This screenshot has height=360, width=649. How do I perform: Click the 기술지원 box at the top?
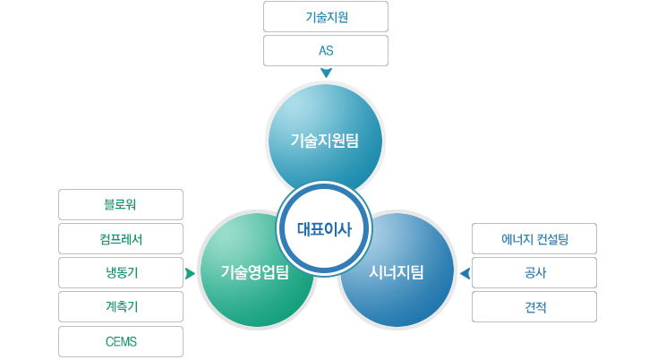[326, 17]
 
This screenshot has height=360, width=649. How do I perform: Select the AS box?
[326, 50]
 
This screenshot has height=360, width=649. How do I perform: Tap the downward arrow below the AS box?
[326, 73]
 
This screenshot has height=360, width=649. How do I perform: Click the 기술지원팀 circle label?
[324, 141]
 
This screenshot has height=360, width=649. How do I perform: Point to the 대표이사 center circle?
[324, 229]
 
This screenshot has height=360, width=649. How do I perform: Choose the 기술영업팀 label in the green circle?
[254, 272]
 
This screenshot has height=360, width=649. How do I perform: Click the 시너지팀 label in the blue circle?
[396, 272]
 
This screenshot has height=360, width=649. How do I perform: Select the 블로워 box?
[121, 205]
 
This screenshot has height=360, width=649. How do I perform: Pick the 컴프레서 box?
[121, 238]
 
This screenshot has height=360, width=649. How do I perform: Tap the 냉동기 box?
[121, 272]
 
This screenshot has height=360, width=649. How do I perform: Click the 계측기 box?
[121, 306]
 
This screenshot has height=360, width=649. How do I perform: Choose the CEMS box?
[121, 341]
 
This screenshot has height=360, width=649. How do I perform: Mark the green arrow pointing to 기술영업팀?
[190, 273]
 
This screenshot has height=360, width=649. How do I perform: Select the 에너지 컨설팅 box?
[534, 238]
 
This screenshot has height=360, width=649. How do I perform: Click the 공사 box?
[534, 272]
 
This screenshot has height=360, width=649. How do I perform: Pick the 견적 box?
[534, 306]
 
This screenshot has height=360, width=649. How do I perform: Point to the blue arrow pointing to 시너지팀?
[465, 273]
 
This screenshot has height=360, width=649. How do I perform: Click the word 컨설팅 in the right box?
[552, 239]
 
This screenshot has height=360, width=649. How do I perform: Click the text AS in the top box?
[326, 50]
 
